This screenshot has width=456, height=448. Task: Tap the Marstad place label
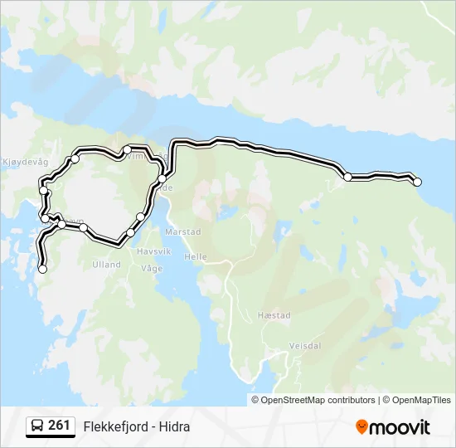tap(183, 231)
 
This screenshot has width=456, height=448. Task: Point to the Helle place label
tap(196, 257)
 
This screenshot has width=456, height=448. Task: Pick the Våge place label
tap(152, 268)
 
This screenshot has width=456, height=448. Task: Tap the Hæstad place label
tap(274, 316)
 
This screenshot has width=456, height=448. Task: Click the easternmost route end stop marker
tap(417, 182)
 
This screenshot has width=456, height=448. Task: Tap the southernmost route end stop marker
tap(43, 269)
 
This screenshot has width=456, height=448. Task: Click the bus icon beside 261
tap(38, 426)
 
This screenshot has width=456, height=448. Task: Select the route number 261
tap(59, 426)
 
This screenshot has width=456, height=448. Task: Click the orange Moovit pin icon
tap(361, 426)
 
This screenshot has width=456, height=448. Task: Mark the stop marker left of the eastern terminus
tap(348, 177)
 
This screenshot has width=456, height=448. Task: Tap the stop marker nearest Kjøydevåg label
tap(75, 158)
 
